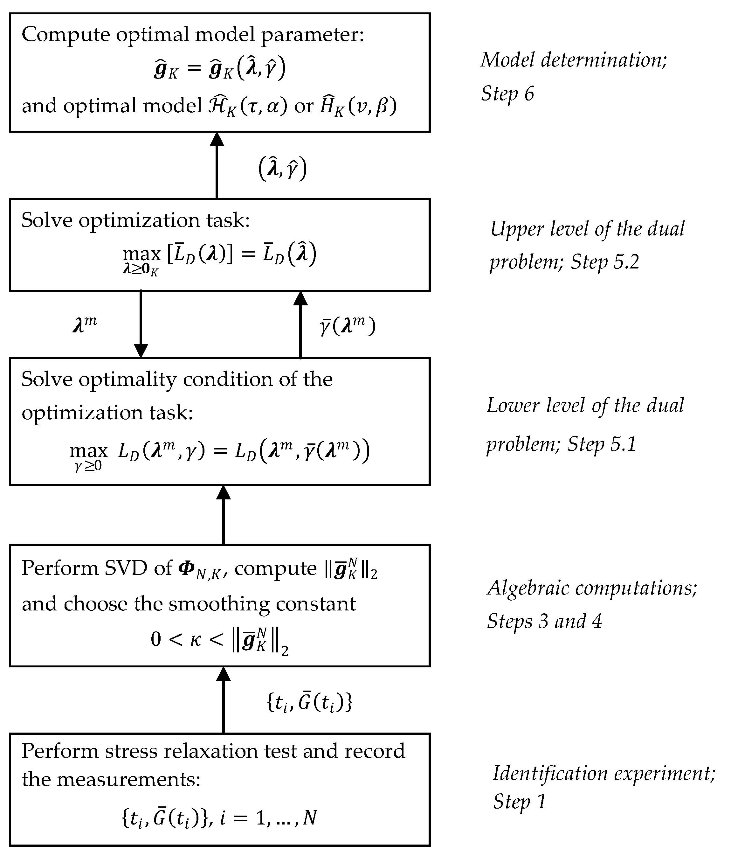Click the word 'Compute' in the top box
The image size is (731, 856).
[x=66, y=35]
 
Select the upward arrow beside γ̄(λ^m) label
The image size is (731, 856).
[x=300, y=324]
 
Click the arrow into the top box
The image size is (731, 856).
[x=217, y=165]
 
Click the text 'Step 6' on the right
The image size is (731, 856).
[x=507, y=94]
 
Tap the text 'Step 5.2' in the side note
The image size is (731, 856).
[x=605, y=262]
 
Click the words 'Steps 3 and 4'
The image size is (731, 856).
[x=545, y=621]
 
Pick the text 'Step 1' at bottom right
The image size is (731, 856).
[x=520, y=802]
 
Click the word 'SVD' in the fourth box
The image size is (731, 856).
[x=126, y=568]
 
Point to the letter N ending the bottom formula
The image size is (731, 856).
[x=310, y=817]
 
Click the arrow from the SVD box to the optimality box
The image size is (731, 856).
[x=224, y=515]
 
